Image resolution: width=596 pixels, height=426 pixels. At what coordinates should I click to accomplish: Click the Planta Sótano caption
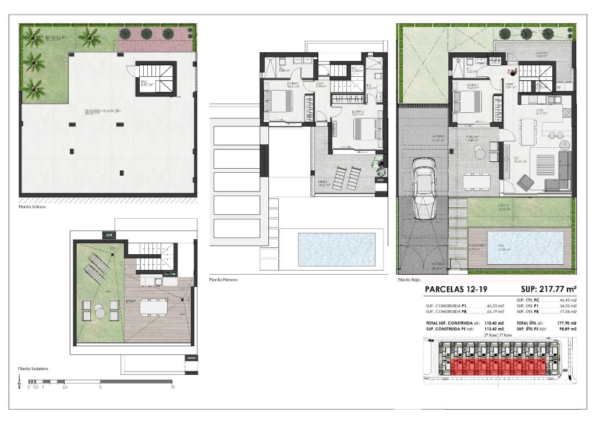pyautogui.click(x=31, y=206)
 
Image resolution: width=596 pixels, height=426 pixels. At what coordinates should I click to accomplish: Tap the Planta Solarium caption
pyautogui.click(x=33, y=368)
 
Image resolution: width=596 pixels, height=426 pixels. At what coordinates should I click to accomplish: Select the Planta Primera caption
pyautogui.click(x=223, y=280)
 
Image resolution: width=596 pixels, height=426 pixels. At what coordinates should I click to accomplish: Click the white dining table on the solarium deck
pyautogui.click(x=152, y=304)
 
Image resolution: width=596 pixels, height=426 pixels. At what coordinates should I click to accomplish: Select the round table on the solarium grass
pyautogui.click(x=100, y=313)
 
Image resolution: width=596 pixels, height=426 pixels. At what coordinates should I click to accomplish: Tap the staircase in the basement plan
pyautogui.click(x=156, y=78)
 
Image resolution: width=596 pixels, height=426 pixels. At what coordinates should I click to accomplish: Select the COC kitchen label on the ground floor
pyautogui.click(x=539, y=111)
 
